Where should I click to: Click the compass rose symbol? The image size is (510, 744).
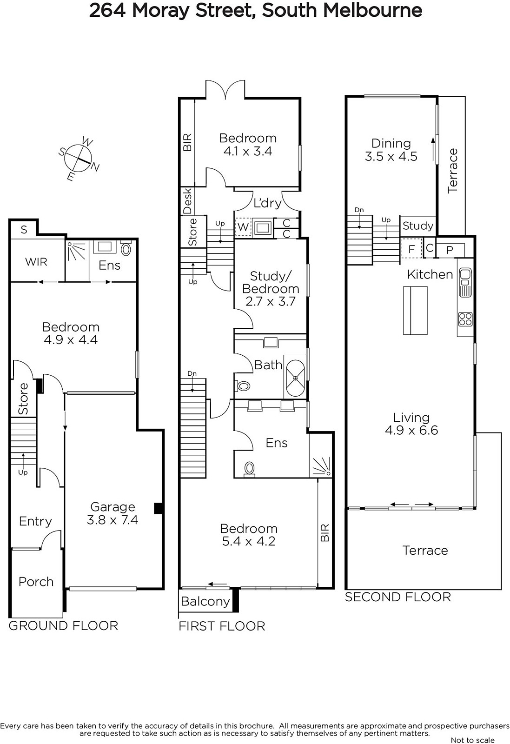pos(79,159)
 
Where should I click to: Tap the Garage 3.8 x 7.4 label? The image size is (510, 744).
pos(113,513)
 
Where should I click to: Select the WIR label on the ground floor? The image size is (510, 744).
pos(36,262)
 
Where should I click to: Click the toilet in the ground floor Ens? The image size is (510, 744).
pos(126,249)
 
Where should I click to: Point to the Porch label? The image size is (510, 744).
pos(36,582)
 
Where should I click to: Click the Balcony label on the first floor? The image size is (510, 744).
pos(205,601)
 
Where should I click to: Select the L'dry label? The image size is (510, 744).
pos(268,203)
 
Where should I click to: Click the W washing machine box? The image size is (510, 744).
pos(243,227)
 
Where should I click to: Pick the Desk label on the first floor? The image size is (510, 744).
pos(188,200)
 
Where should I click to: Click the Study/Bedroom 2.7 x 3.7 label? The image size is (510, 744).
pos(271,289)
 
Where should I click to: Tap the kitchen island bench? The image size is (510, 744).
pos(415,310)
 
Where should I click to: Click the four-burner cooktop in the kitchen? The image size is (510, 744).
pos(465,319)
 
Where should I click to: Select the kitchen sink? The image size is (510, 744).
pos(465,282)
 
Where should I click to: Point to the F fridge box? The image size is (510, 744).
pos(412,248)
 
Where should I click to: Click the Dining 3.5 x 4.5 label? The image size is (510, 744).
pos(391,150)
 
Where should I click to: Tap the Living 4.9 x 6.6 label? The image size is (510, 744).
pos(411,424)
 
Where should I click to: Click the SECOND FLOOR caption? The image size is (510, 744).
pos(398,597)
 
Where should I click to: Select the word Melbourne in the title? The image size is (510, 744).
pos(373,11)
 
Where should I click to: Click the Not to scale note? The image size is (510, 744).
pos(473,740)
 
